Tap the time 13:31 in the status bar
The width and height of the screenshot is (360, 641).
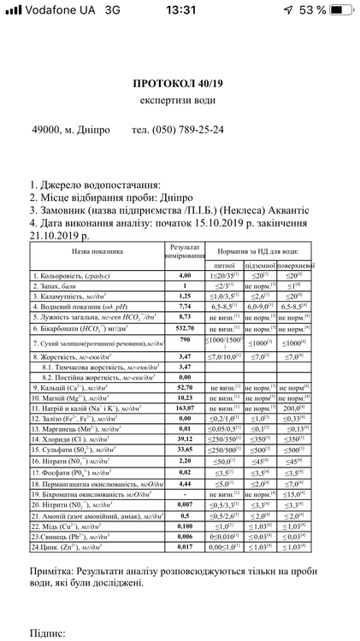pyautogui.click(x=180, y=9)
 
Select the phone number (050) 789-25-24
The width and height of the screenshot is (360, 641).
pyautogui.click(x=190, y=130)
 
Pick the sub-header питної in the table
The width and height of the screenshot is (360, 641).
pyautogui.click(x=225, y=266)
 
